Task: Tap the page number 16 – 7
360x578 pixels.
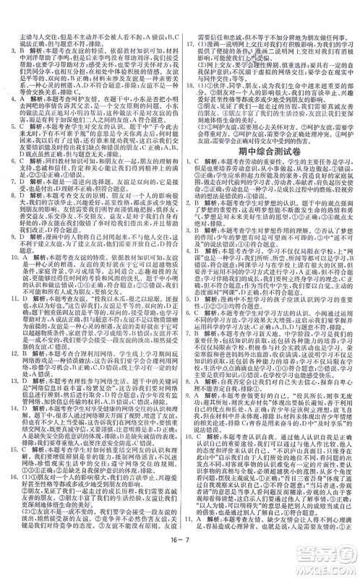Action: (x=180, y=564)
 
